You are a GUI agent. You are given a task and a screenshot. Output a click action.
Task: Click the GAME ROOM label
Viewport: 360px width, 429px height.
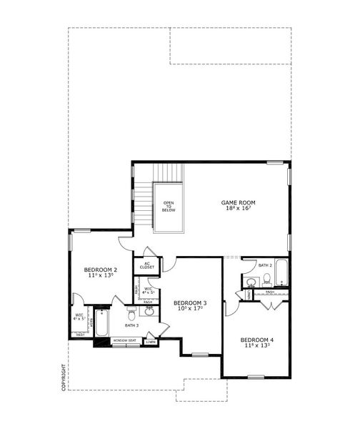click(x=238, y=202)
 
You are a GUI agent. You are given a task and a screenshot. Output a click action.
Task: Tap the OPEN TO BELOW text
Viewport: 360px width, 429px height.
click(x=169, y=206)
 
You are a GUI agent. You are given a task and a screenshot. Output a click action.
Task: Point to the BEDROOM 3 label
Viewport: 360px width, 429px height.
click(x=190, y=303)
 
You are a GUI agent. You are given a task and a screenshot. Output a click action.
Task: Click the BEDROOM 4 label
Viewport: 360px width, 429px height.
click(x=256, y=339)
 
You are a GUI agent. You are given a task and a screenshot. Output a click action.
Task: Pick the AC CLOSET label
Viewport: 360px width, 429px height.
click(x=147, y=265)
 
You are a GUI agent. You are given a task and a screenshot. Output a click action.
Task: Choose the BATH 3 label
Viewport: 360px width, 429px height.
click(x=131, y=325)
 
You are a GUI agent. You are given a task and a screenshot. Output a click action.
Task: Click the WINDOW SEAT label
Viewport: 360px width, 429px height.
click(x=124, y=340)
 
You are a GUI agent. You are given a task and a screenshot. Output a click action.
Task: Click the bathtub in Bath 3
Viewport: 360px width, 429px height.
click(x=101, y=324)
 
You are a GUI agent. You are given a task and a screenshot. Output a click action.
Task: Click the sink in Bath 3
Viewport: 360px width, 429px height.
click(x=150, y=312)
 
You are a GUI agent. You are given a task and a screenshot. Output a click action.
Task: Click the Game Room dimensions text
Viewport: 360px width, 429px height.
click(x=238, y=209)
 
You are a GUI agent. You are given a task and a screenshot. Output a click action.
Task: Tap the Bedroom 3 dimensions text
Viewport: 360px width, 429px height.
click(x=190, y=310)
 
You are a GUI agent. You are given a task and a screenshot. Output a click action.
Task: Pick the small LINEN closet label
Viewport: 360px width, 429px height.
click(x=150, y=342)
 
